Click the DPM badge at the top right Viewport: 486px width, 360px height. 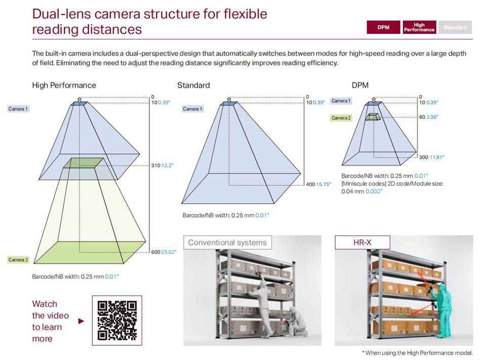point(383,27)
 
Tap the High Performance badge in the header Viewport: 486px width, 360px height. point(419,27)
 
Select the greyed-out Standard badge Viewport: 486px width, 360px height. point(455,27)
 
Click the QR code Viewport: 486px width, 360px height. point(117,321)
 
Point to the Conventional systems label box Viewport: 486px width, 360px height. point(227,243)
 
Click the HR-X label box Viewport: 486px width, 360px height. point(362,243)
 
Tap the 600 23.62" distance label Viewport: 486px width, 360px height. point(164,252)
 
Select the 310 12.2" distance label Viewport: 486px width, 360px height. point(162,166)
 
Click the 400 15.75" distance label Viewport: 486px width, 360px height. point(318,184)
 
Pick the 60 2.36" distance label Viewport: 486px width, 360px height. point(428,117)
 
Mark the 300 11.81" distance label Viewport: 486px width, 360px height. point(431,157)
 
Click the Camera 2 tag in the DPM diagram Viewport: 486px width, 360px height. point(341,118)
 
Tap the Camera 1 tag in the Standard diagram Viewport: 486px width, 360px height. point(192,109)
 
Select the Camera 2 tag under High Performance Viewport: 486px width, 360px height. point(18,260)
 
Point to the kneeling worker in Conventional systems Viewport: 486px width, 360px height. point(296,322)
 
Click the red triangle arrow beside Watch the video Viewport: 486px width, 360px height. point(81,321)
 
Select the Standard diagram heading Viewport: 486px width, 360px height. point(193,85)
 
